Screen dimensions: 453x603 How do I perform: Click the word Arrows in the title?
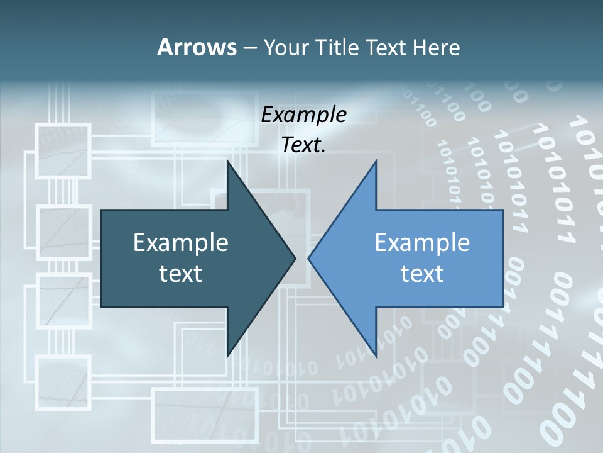(197, 47)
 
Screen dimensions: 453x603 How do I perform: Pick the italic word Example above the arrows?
(303, 115)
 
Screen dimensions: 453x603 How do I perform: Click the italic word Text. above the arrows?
(303, 145)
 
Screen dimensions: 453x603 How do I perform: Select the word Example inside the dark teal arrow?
(180, 243)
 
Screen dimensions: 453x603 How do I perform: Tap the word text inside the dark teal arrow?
(180, 274)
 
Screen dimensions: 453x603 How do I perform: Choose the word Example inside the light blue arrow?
(422, 243)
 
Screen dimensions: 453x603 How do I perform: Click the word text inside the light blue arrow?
(422, 274)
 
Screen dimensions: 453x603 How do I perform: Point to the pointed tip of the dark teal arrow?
(295, 258)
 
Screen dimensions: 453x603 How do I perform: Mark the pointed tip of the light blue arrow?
(309, 258)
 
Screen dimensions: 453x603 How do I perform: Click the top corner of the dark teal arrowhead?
(227, 161)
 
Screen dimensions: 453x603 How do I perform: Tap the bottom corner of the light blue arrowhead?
(376, 355)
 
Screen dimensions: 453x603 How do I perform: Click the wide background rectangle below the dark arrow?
(205, 415)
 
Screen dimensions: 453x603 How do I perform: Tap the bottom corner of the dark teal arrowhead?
(227, 355)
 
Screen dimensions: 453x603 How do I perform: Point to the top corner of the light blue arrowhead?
(376, 161)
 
